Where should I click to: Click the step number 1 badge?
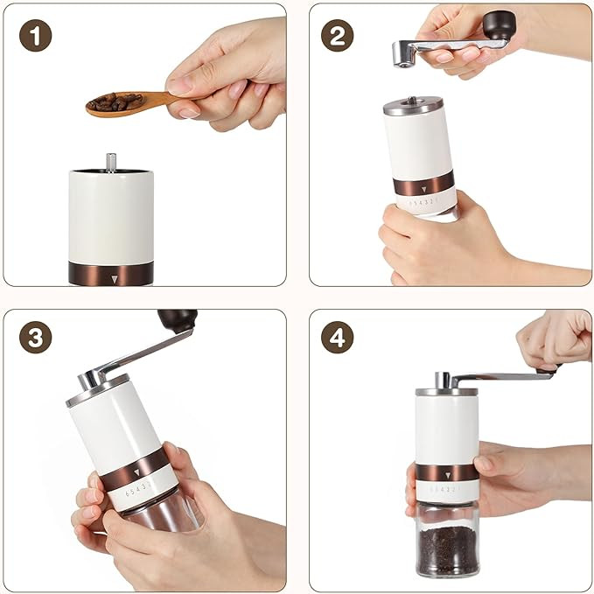pyautogui.click(x=35, y=36)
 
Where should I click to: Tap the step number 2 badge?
pyautogui.click(x=337, y=36)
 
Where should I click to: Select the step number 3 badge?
pyautogui.click(x=35, y=338)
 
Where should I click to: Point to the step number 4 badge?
pyautogui.click(x=337, y=338)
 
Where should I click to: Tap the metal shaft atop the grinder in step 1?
pyautogui.click(x=111, y=163)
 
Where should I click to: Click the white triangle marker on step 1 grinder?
pyautogui.click(x=115, y=279)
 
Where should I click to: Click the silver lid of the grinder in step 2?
pyautogui.click(x=413, y=106)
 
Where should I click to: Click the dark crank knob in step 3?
pyautogui.click(x=178, y=320)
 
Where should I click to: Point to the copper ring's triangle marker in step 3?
pyautogui.click(x=136, y=472)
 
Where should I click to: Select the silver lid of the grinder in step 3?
pyautogui.click(x=98, y=390)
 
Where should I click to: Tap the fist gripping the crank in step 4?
pyautogui.click(x=554, y=339)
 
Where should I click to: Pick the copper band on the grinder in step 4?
pyautogui.click(x=447, y=472)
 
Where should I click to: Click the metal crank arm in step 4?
pyautogui.click(x=500, y=377)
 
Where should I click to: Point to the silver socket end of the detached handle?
pyautogui.click(x=402, y=55)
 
